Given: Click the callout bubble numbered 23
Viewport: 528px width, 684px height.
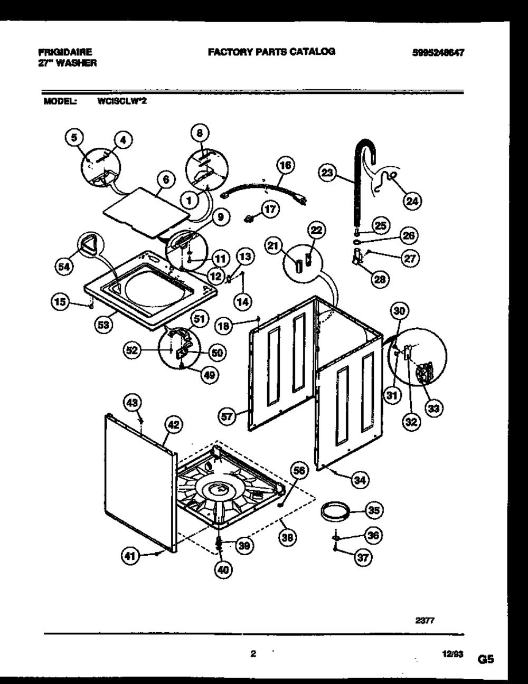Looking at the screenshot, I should pos(328,172).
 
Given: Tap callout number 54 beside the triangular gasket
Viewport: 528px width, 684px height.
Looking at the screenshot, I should pos(64,268).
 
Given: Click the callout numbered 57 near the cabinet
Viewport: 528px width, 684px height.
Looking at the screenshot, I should pos(228,417).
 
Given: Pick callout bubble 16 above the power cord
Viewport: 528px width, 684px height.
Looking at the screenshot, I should pos(285,165).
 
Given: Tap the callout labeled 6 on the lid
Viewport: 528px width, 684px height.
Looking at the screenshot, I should pos(166,179).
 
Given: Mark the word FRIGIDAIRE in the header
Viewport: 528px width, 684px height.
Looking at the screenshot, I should pos(65,52).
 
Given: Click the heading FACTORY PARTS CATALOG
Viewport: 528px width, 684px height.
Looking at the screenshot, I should pos(271,51).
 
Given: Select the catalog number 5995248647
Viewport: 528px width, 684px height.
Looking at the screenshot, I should pos(441,52).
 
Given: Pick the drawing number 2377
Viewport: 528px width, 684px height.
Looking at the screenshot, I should pos(425,621).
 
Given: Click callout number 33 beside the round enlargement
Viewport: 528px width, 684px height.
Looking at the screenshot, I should pos(435,407).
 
